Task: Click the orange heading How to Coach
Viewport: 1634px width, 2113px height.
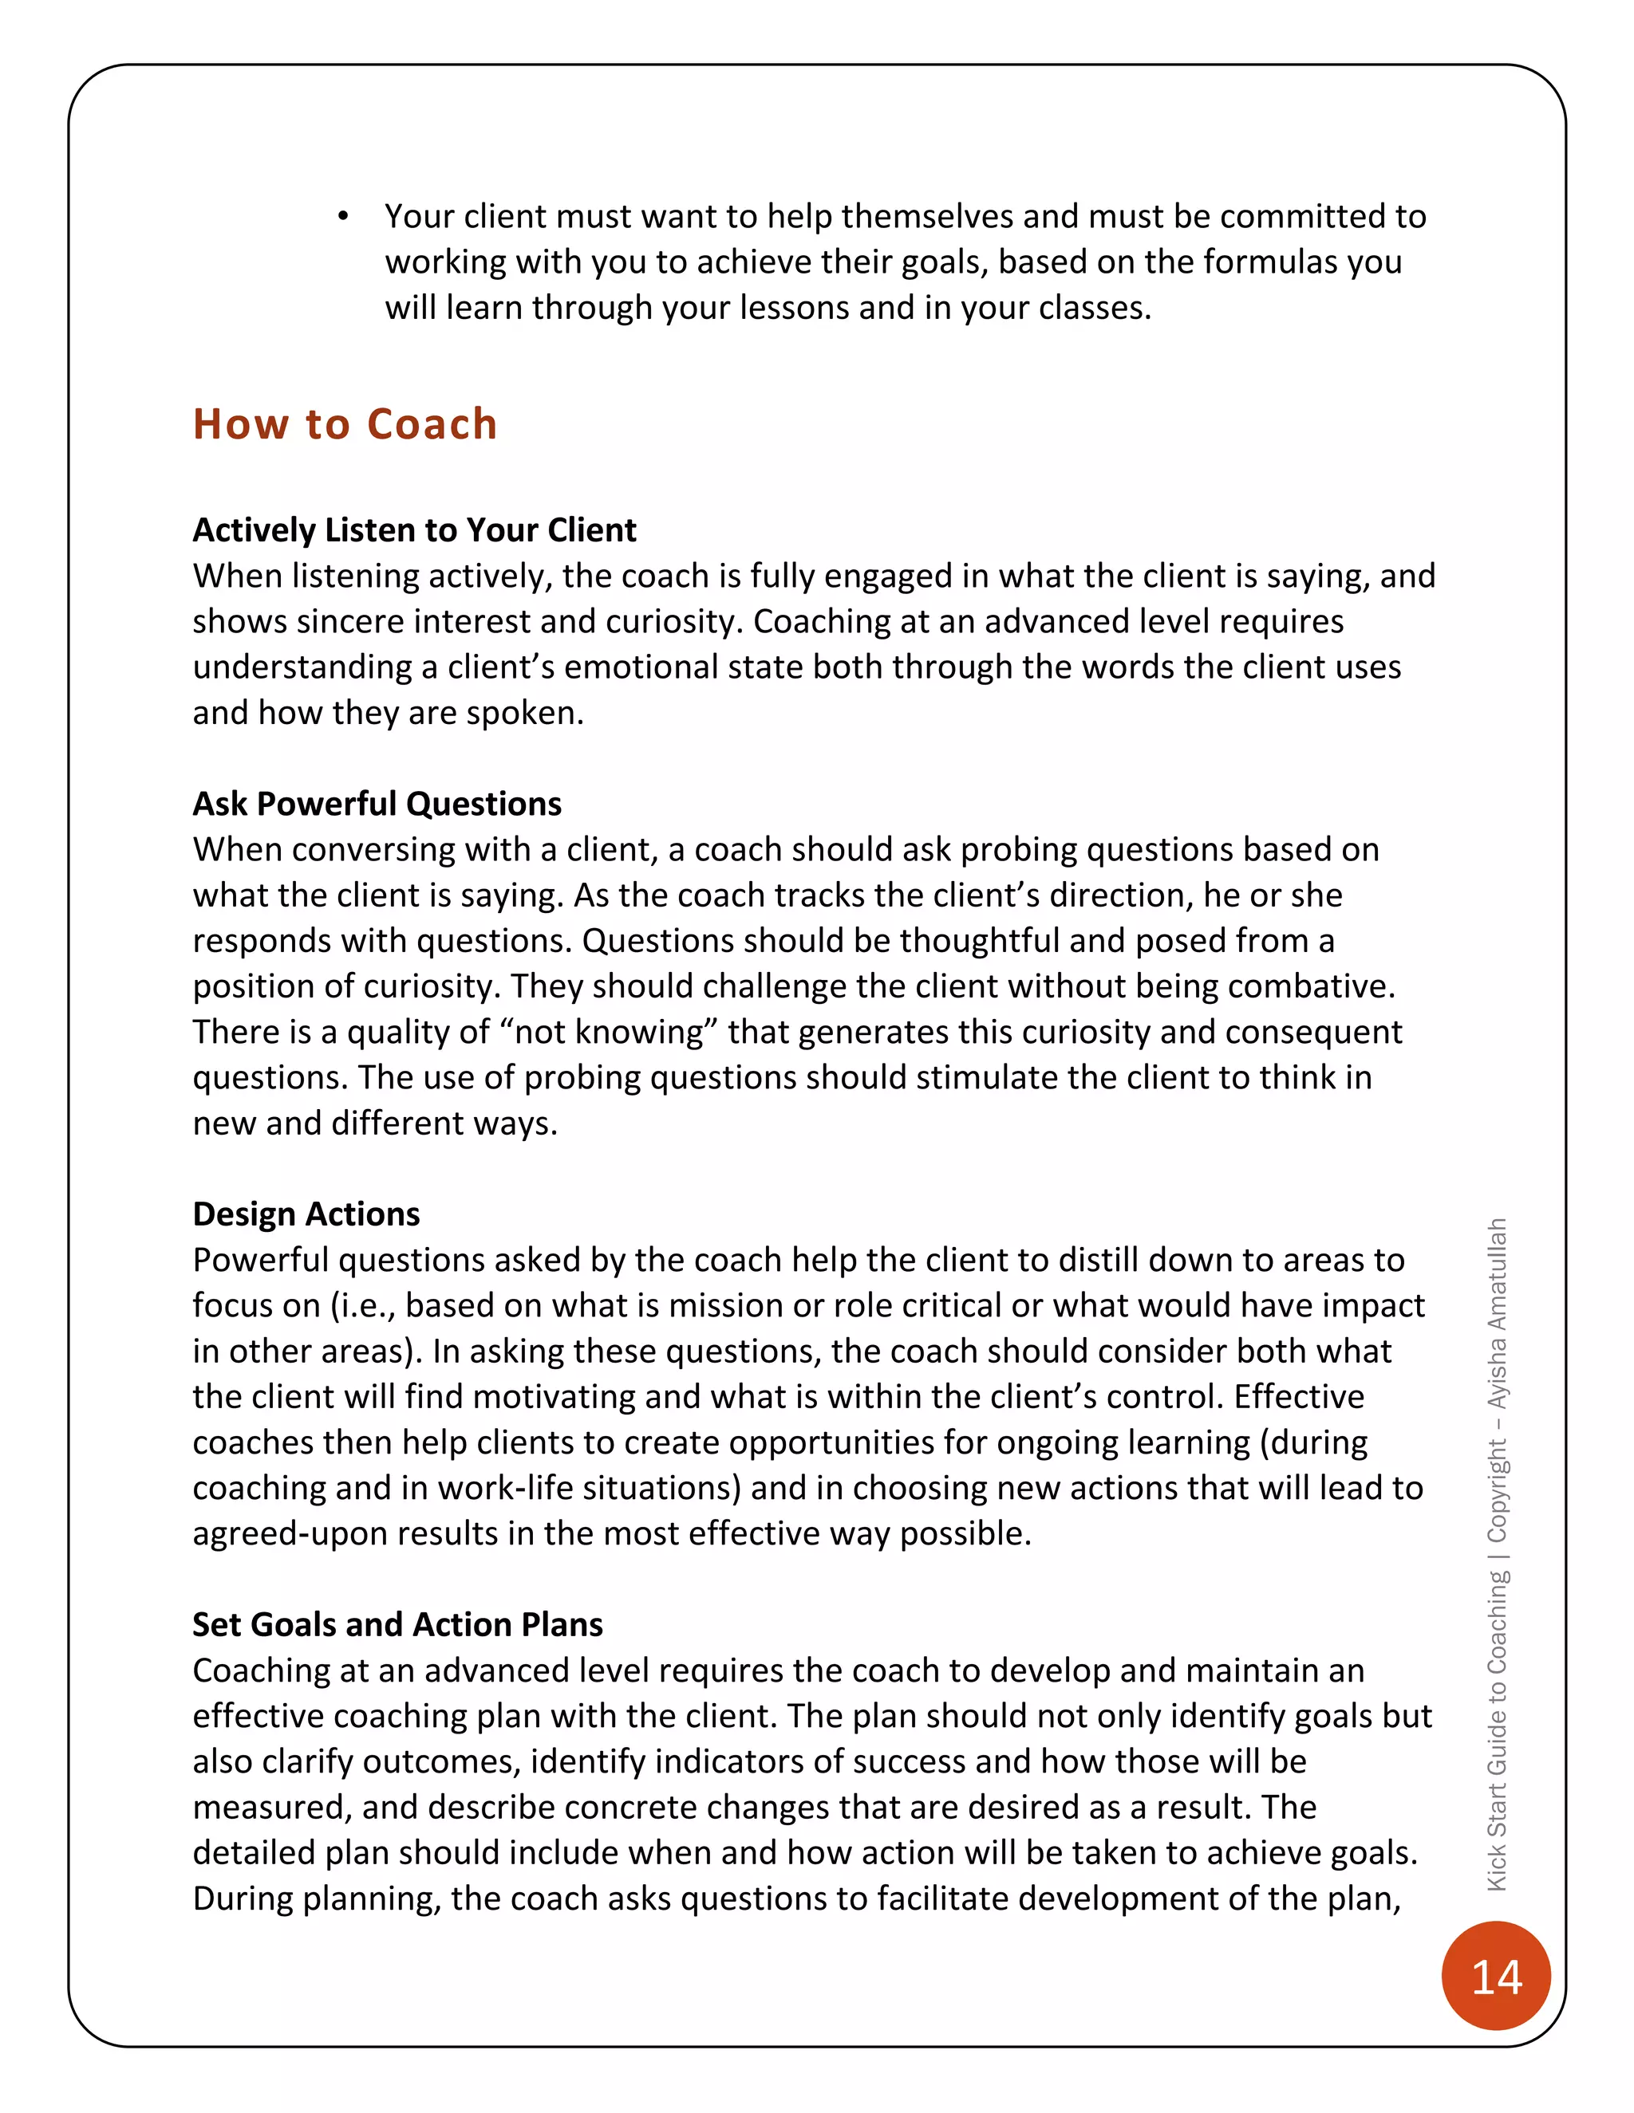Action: pyautogui.click(x=345, y=425)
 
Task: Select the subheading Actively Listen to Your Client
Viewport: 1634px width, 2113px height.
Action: pyautogui.click(x=414, y=530)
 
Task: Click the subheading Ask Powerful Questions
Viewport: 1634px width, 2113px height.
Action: pyautogui.click(x=377, y=804)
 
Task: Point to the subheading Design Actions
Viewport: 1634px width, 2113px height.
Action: pyautogui.click(x=306, y=1214)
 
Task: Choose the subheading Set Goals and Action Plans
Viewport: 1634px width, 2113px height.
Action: pyautogui.click(x=397, y=1624)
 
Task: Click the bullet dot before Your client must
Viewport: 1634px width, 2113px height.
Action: pyautogui.click(x=342, y=217)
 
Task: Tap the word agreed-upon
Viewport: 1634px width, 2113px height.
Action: pyautogui.click(x=290, y=1533)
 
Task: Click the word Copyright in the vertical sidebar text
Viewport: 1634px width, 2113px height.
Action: pyautogui.click(x=1497, y=1491)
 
